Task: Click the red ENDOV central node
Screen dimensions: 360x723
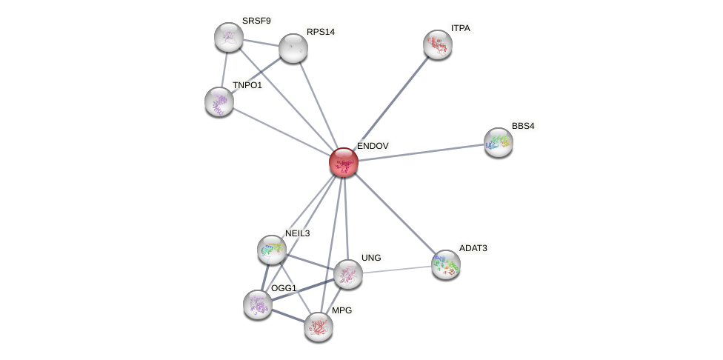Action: [344, 162]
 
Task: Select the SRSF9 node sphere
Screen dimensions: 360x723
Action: [229, 37]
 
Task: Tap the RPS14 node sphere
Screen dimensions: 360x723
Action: [293, 48]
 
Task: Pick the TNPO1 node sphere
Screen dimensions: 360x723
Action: [219, 101]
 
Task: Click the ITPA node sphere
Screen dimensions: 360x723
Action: [438, 44]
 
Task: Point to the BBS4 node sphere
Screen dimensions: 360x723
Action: [499, 142]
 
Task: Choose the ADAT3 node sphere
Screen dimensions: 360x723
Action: [446, 264]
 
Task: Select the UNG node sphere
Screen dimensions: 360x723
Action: [348, 274]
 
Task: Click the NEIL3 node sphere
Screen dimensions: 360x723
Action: [272, 250]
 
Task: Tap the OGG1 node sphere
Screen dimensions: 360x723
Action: [258, 304]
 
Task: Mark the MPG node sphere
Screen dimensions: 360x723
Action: [319, 327]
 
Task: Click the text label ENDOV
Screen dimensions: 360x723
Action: [373, 146]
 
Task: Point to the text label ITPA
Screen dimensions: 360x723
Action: [461, 28]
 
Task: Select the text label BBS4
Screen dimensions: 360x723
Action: [523, 126]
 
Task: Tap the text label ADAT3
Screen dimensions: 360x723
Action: [473, 248]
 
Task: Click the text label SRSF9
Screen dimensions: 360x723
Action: [256, 21]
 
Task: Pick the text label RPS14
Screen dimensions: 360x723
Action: [321, 32]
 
